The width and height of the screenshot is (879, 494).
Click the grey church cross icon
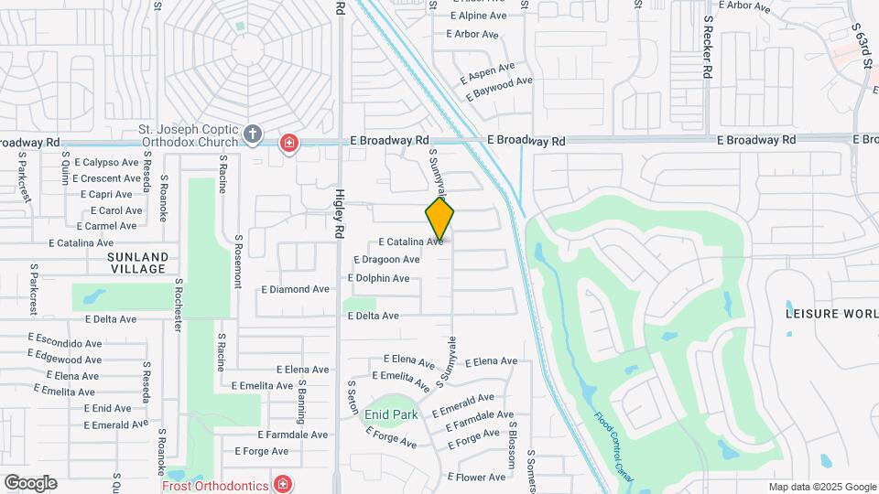[x=253, y=135]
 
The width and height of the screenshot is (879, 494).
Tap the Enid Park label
[x=391, y=414]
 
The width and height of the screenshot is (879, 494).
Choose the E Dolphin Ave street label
[x=379, y=278]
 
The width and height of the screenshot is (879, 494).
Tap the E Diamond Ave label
[x=295, y=289]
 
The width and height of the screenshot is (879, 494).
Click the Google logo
[x=30, y=482]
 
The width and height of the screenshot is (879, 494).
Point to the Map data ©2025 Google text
[x=821, y=487]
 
